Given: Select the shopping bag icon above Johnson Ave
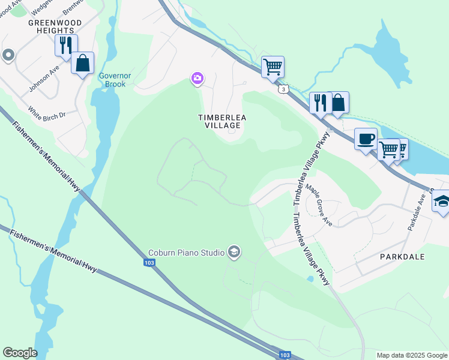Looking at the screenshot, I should pos(82,63).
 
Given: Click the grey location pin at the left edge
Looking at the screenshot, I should pos(8,56).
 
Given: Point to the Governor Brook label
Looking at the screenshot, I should pos(112,80).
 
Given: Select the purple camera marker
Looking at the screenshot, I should pos(197,78).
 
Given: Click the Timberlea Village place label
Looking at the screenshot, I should pos(220,121).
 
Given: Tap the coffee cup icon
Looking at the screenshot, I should pos(366,139).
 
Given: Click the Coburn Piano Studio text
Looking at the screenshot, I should pos(186,252).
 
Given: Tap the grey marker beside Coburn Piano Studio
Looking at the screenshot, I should pos(234,252).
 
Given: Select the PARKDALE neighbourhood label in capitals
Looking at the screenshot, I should pos(402,256).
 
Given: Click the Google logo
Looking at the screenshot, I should pos(20,353).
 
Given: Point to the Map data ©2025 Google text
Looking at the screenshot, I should pos(411,355).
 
